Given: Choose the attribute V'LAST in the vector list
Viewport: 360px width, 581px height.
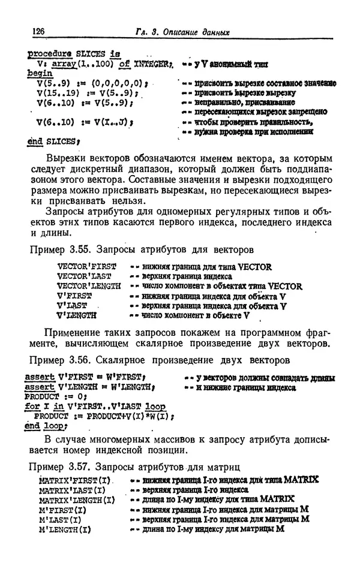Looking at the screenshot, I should click(x=71, y=305).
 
